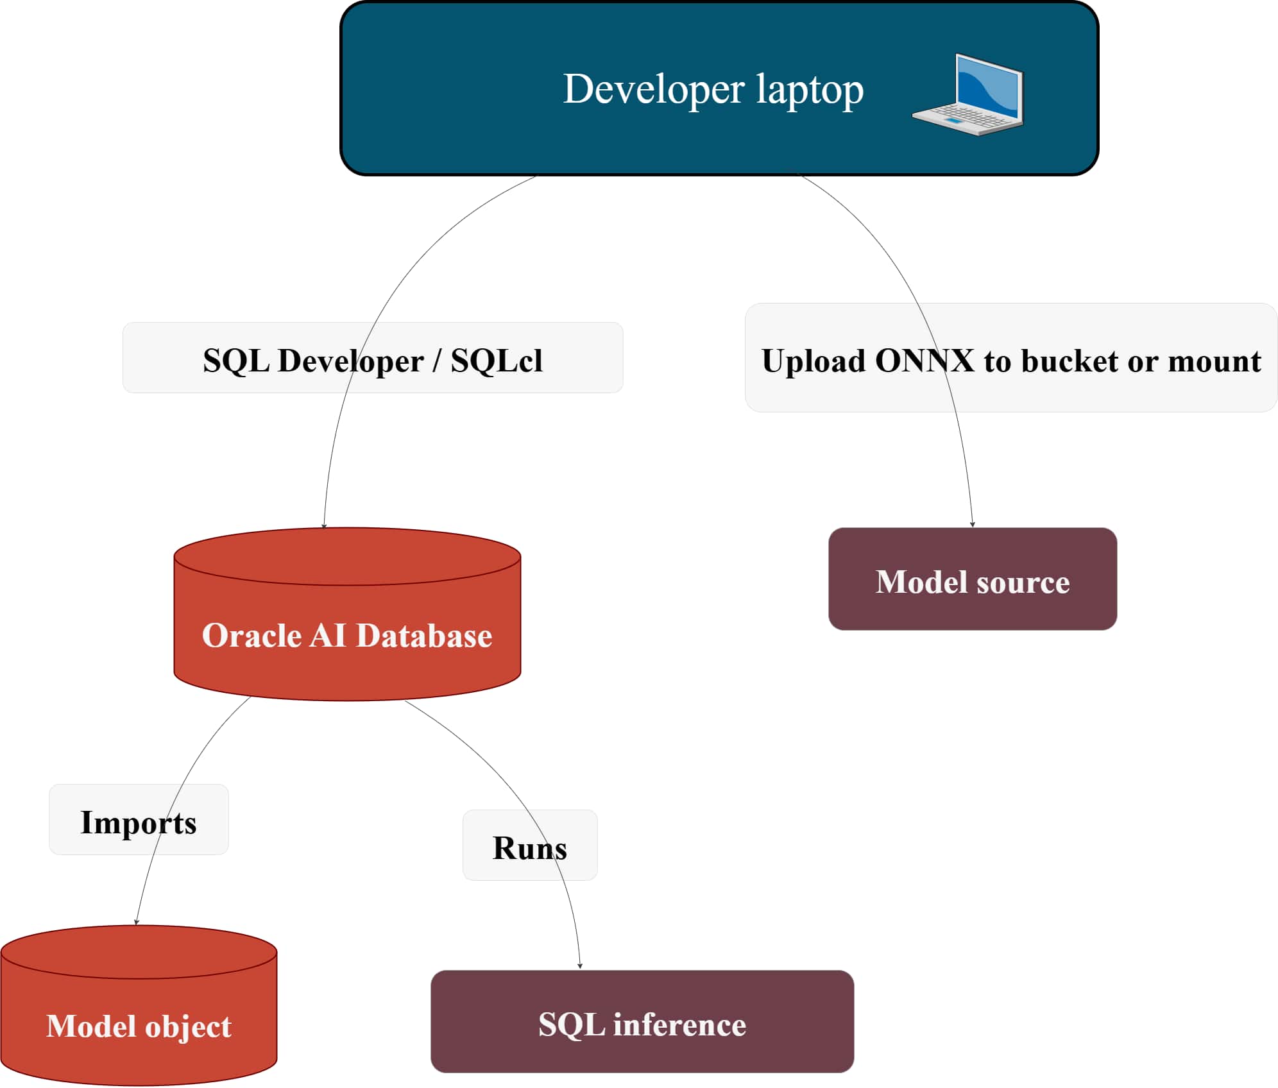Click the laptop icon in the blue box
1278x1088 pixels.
tap(968, 95)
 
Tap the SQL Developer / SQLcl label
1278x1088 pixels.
tap(372, 360)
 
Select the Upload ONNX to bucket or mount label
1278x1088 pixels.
tap(1010, 360)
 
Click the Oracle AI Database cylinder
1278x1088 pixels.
tap(347, 635)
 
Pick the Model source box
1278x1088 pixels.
tap(972, 581)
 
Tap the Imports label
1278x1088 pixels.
tap(138, 822)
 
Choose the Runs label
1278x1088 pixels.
tap(529, 848)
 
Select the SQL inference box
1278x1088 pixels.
tap(642, 1024)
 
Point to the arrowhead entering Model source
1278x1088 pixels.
tap(972, 524)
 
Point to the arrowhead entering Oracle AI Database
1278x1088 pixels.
tap(324, 525)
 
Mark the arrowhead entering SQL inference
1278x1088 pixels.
tap(579, 965)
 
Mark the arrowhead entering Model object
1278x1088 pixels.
tap(136, 922)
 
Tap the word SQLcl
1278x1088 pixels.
tap(496, 360)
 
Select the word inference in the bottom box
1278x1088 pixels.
tap(679, 1024)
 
